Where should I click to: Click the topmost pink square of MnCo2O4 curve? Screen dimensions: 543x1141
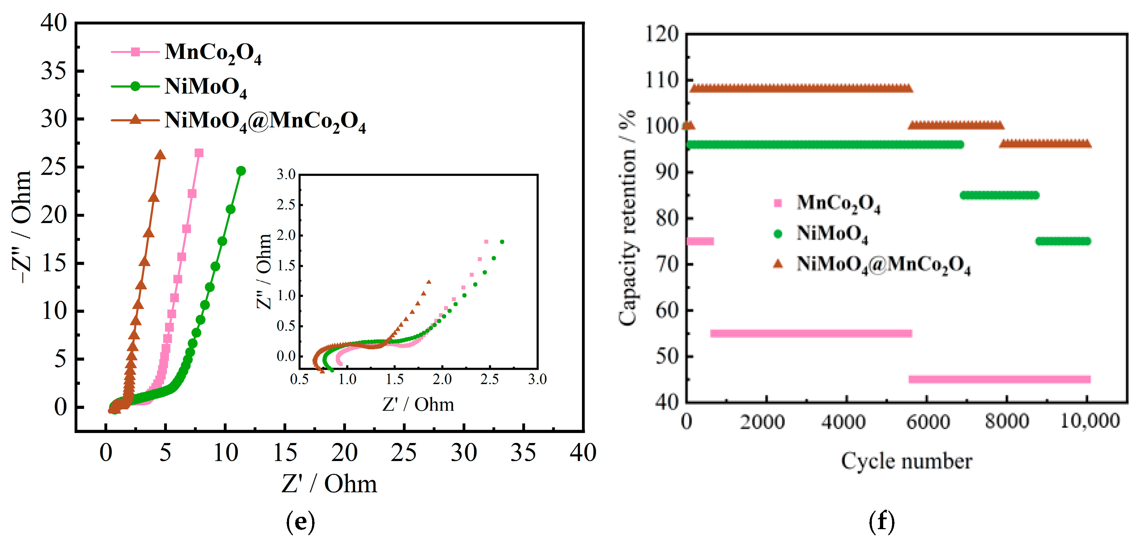(x=199, y=153)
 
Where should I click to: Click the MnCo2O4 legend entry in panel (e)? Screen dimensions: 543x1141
(x=213, y=52)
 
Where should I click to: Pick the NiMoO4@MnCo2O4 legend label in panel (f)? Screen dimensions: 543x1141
(x=883, y=265)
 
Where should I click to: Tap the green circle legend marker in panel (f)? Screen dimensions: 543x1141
(x=777, y=234)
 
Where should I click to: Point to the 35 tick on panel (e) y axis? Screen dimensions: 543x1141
(x=54, y=71)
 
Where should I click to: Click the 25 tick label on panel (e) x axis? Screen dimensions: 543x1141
(x=403, y=452)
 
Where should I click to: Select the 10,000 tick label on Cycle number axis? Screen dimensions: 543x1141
(x=1090, y=420)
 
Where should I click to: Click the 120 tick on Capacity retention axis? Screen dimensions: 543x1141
(x=661, y=34)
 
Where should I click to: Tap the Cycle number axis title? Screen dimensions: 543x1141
(x=906, y=461)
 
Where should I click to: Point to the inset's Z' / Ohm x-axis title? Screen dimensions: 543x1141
(x=418, y=404)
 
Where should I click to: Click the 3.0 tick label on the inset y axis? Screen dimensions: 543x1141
(x=286, y=174)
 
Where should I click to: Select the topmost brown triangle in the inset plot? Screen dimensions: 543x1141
(x=428, y=282)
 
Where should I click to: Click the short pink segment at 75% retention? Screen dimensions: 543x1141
(x=700, y=241)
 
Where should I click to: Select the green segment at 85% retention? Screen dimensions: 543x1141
(x=999, y=195)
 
